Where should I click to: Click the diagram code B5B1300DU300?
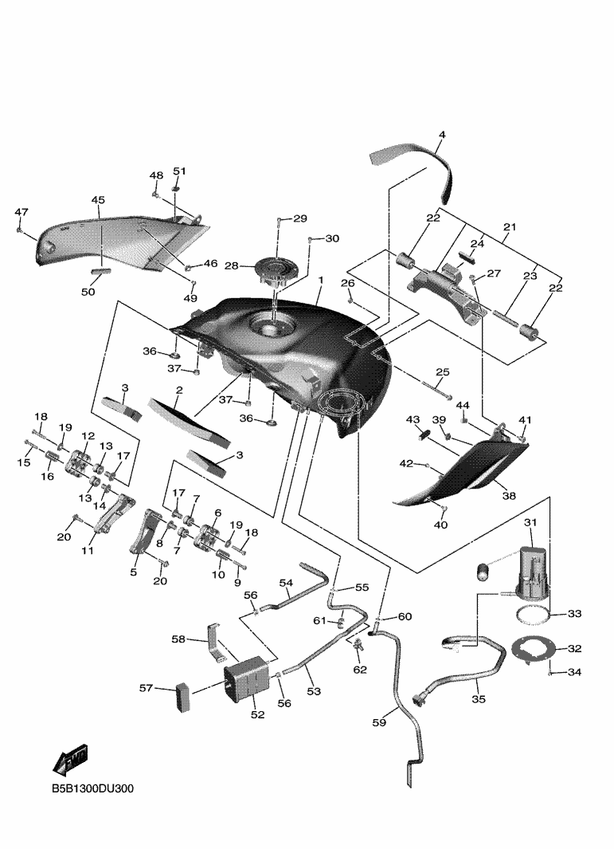click(92, 788)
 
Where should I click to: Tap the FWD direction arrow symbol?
click(71, 759)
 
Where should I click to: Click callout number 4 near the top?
click(442, 134)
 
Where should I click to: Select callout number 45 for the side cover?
click(98, 200)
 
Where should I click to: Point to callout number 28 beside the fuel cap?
click(232, 265)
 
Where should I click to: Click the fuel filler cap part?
click(278, 271)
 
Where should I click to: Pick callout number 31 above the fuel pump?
click(530, 522)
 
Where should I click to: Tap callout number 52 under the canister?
click(258, 714)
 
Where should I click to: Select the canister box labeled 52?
click(246, 679)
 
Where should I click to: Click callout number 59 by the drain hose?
click(379, 722)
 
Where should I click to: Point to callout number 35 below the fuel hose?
click(479, 699)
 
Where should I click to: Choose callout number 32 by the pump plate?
click(574, 648)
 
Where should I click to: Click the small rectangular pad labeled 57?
click(183, 697)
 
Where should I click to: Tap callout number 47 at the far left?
click(21, 212)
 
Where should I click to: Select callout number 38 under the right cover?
click(509, 495)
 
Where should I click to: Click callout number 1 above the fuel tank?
click(321, 280)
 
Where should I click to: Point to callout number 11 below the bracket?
click(88, 550)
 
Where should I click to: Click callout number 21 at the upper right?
click(510, 227)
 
